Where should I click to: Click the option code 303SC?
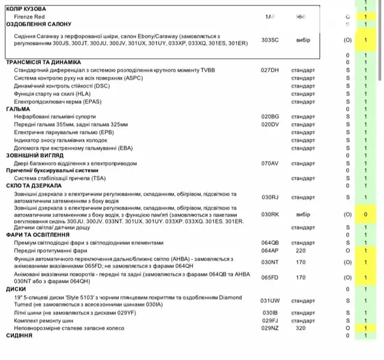point(270,40)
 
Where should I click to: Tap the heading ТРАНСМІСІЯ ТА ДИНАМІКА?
point(43,62)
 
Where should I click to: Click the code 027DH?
point(270,70)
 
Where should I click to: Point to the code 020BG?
point(270,116)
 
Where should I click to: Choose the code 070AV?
point(270,163)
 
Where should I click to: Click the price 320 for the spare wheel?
point(301,329)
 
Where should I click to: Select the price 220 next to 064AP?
point(301,251)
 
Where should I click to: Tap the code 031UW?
point(270,301)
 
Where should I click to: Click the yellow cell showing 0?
point(365,214)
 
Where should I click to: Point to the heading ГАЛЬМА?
point(18,109)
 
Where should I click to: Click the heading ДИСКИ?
point(16,289)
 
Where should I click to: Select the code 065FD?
point(270,277)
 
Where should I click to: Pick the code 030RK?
point(270,214)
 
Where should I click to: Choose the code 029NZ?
point(270,329)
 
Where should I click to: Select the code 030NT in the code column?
point(270,262)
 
